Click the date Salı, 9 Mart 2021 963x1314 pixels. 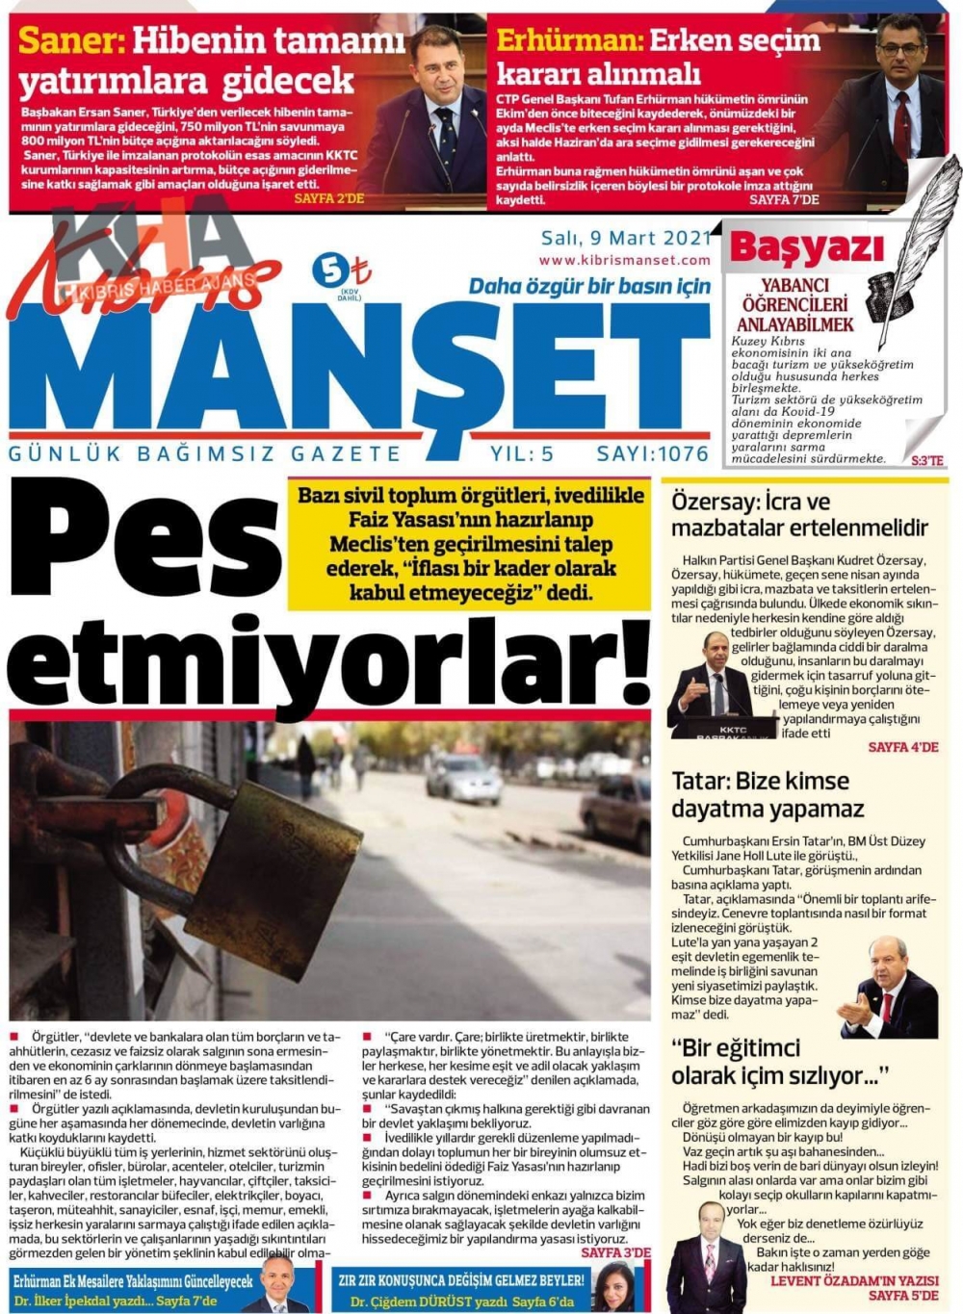pyautogui.click(x=625, y=239)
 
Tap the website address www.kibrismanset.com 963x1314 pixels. pyautogui.click(x=624, y=260)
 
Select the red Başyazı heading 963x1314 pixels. pyautogui.click(x=806, y=249)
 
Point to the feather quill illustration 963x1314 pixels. pyautogui.click(x=910, y=241)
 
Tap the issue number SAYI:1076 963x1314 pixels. pyautogui.click(x=652, y=454)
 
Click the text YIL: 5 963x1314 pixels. pyautogui.click(x=522, y=454)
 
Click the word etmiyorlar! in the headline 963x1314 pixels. pyautogui.click(x=327, y=662)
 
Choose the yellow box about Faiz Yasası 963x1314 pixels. pyautogui.click(x=470, y=544)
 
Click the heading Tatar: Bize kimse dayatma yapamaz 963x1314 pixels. pyautogui.click(x=768, y=794)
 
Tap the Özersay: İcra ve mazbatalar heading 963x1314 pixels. pyautogui.click(x=799, y=515)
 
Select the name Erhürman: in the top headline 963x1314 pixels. pyautogui.click(x=569, y=40)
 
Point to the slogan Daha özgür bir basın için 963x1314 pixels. pyautogui.click(x=589, y=286)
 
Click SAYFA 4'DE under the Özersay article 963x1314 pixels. pyautogui.click(x=902, y=747)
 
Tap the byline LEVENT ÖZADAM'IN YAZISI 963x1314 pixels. pyautogui.click(x=854, y=1281)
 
